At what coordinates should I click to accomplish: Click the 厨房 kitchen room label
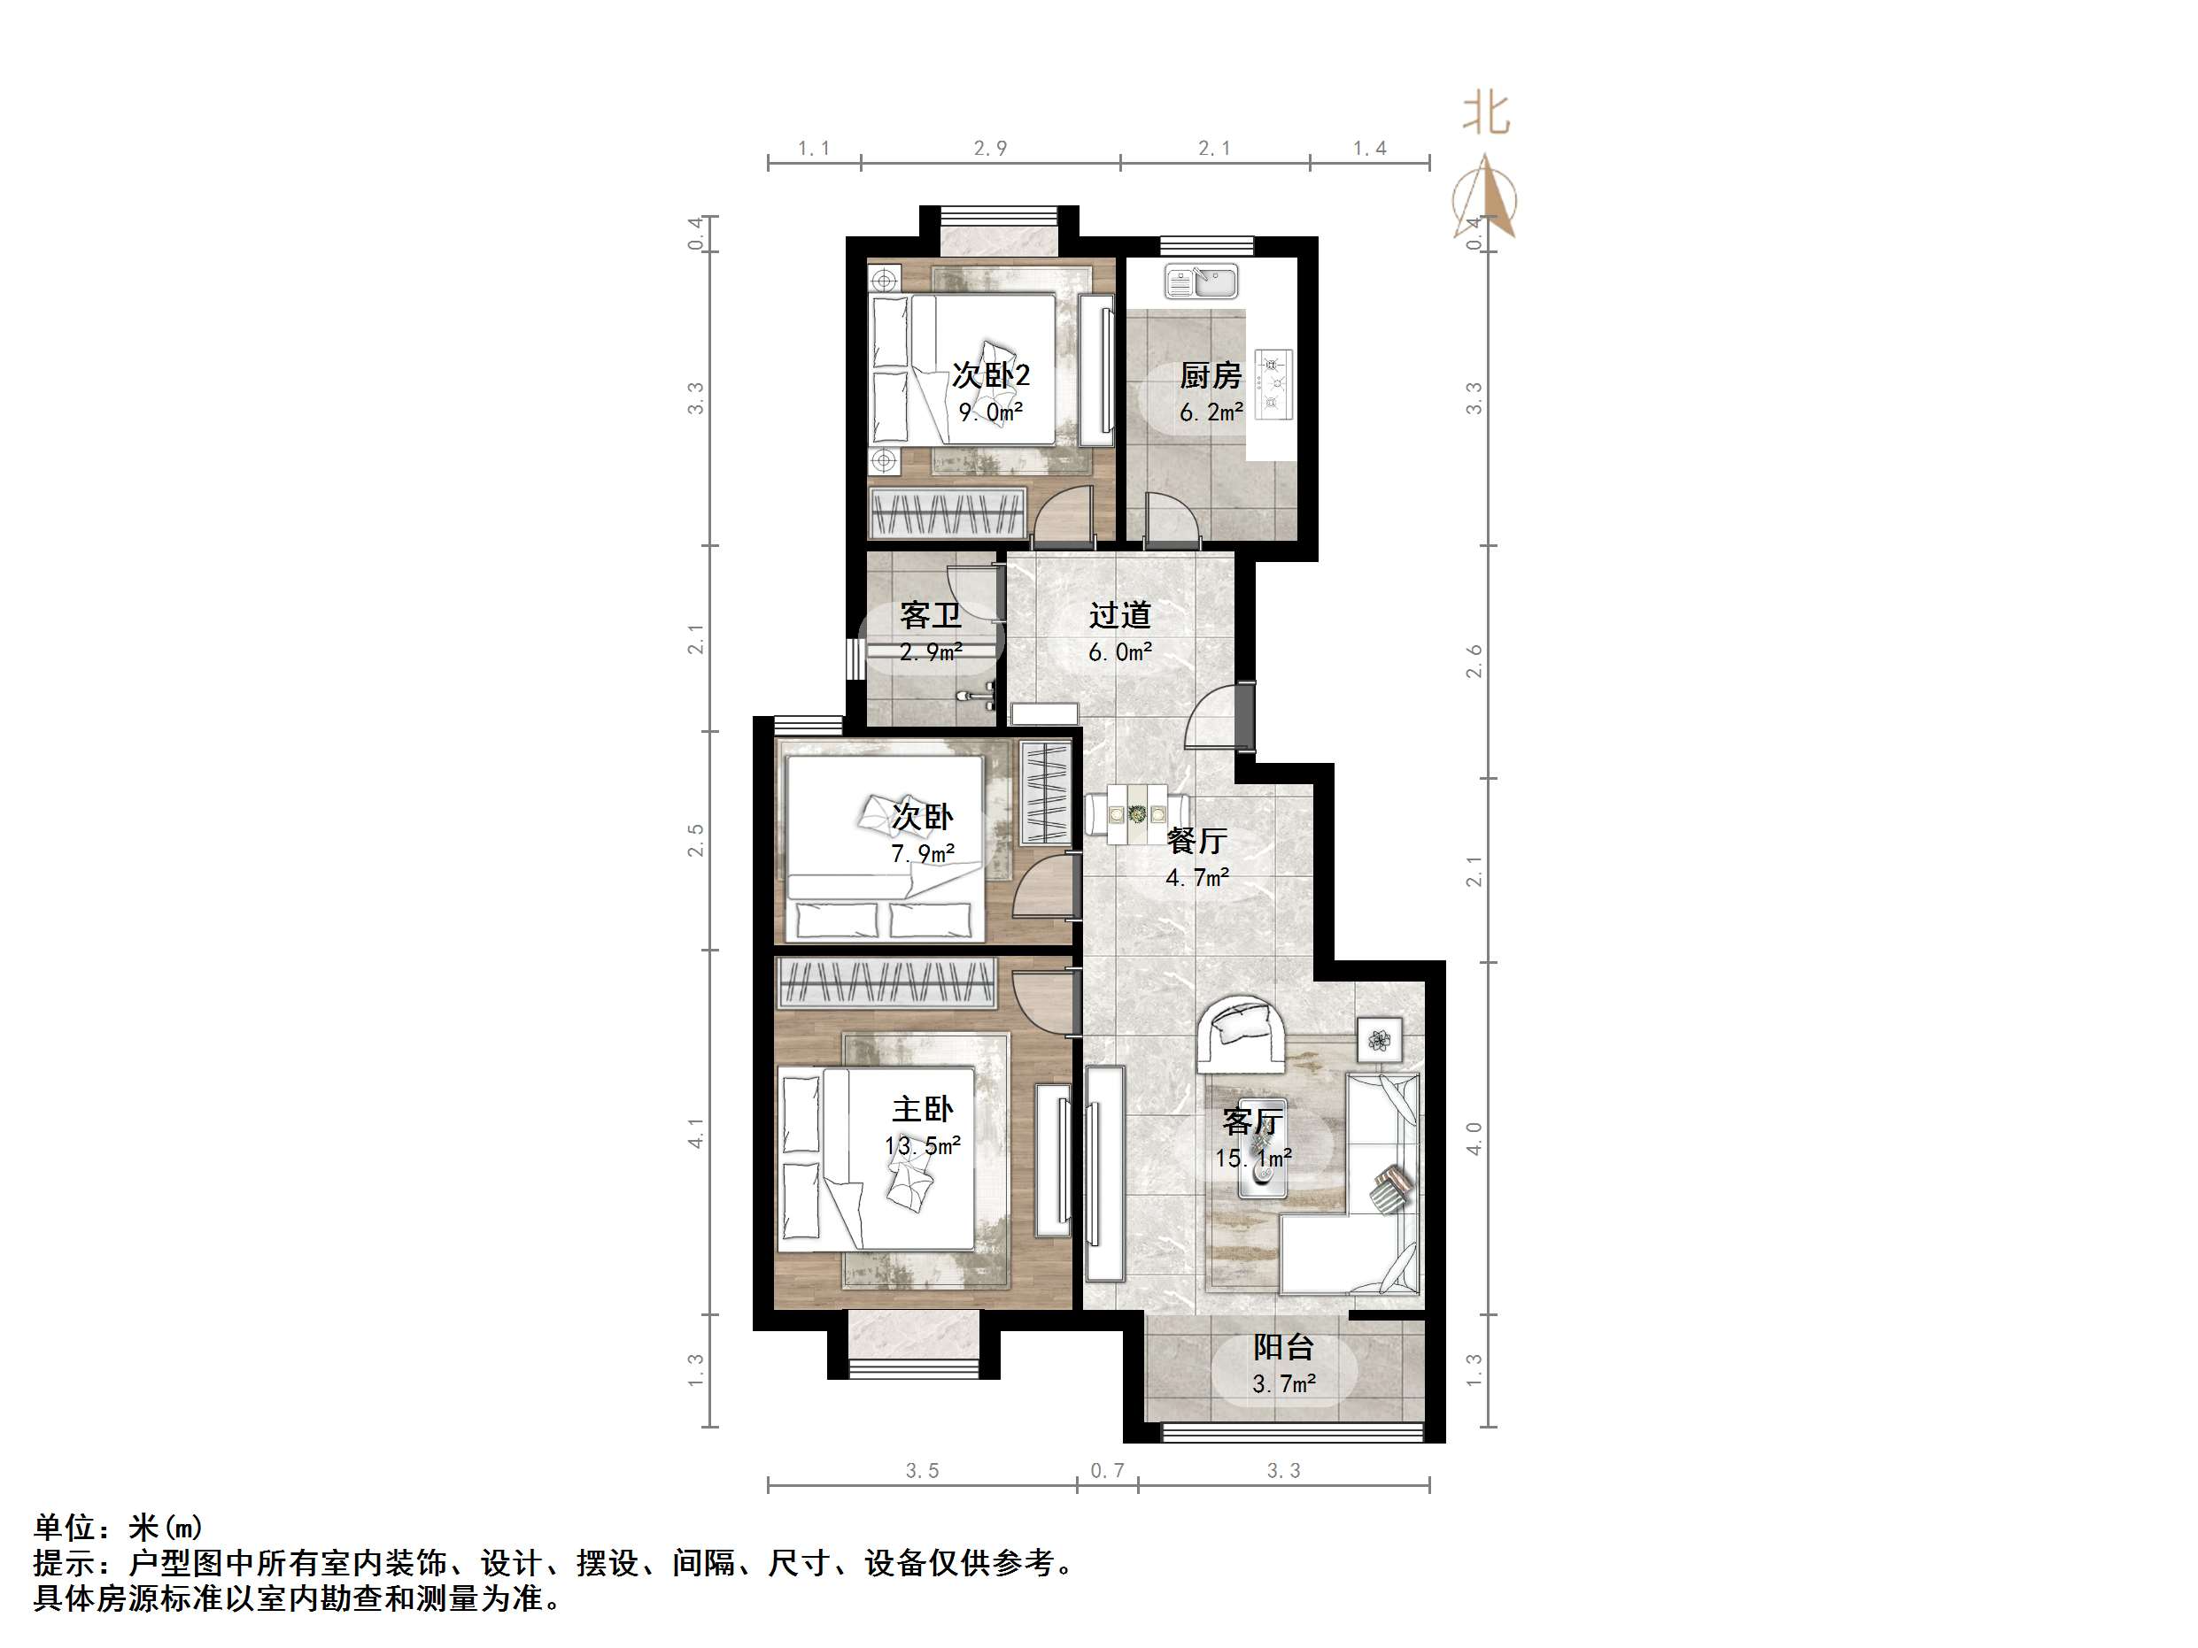click(1210, 375)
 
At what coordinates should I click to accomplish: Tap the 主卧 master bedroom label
click(921, 1109)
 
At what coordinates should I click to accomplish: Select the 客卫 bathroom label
click(930, 615)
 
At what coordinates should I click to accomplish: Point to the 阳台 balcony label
click(1283, 1347)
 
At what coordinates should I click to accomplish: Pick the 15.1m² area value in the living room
click(1252, 1159)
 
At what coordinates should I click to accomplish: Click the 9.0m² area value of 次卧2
click(991, 412)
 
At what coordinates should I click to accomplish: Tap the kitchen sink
click(1202, 282)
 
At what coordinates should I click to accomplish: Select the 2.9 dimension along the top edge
click(990, 149)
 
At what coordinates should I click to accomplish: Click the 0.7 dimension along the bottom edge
click(1107, 1470)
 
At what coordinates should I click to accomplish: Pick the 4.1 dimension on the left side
click(695, 1132)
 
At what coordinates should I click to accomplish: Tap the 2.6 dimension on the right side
click(1474, 661)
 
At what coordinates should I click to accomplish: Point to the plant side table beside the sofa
click(1379, 1040)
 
